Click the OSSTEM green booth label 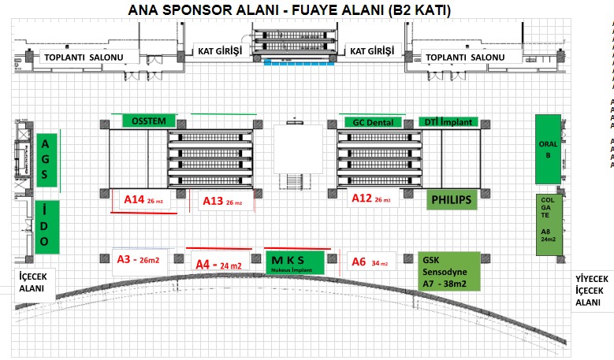[x=149, y=121]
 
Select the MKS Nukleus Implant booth [x=294, y=262]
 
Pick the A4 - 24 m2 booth [x=219, y=265]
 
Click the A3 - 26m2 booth [x=138, y=259]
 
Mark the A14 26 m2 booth [x=144, y=200]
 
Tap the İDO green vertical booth [x=48, y=226]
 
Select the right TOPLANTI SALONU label [x=464, y=58]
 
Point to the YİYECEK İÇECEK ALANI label [x=592, y=290]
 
